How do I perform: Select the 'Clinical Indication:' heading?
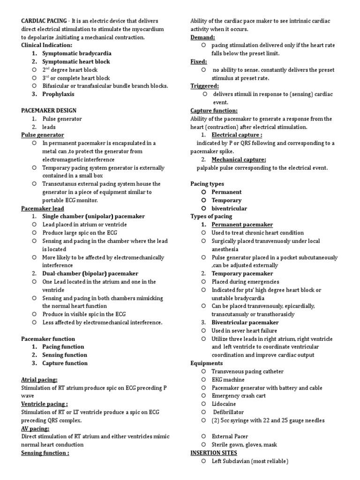pyautogui.click(x=47, y=45)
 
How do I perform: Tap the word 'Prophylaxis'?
pyautogui.click(x=58, y=94)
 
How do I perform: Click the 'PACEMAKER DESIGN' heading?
pyautogui.click(x=49, y=111)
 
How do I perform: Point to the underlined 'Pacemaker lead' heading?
pyautogui.click(x=43, y=209)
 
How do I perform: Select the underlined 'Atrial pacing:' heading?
pyautogui.click(x=39, y=380)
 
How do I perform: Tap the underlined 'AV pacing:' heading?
pyautogui.click(x=35, y=428)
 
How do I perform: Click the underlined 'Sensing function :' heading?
pyautogui.click(x=45, y=453)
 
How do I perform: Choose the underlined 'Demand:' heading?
pyautogui.click(x=202, y=37)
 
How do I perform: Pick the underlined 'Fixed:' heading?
pyautogui.click(x=199, y=62)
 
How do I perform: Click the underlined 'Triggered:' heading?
pyautogui.click(x=204, y=86)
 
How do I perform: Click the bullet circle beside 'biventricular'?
pyautogui.click(x=203, y=208)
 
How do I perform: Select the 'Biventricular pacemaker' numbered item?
pyautogui.click(x=245, y=322)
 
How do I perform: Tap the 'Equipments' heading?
pyautogui.click(x=207, y=363)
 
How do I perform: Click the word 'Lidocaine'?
pyautogui.click(x=224, y=404)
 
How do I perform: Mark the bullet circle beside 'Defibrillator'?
pyautogui.click(x=203, y=412)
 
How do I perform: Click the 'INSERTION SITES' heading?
pyautogui.click(x=214, y=453)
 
